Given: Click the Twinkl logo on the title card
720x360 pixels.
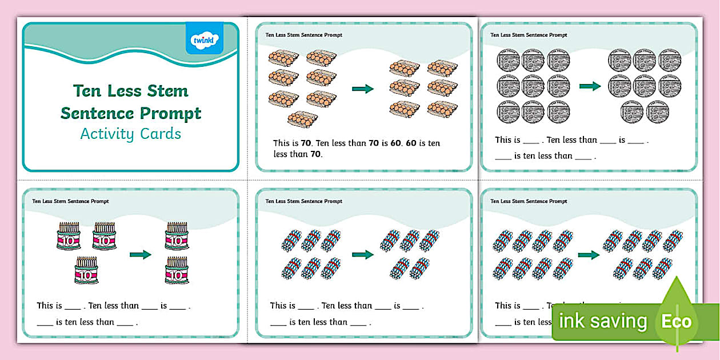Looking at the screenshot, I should [204, 38].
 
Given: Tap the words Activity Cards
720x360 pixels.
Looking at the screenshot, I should [130, 134].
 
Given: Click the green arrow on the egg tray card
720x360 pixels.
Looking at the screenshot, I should [362, 89].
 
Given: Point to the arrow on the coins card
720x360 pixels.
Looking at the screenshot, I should [590, 86].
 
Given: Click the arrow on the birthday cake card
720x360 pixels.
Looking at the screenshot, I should [140, 255].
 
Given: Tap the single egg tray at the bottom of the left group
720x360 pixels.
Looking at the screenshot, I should [302, 119].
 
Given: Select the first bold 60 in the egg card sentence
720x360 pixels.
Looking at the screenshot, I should [394, 143].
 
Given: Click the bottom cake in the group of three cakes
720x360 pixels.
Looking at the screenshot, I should [87, 270].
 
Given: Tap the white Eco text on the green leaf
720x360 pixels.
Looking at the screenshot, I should [676, 321].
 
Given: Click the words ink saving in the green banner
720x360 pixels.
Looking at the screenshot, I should [602, 321].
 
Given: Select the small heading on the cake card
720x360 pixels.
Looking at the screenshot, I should [70, 201].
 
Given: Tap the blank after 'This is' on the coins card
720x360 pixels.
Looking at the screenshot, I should [531, 141].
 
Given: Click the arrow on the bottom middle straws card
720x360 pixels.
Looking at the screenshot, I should [362, 254].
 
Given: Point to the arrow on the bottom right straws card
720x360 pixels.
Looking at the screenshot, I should [589, 255].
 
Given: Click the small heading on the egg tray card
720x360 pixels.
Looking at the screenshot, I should [303, 35].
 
